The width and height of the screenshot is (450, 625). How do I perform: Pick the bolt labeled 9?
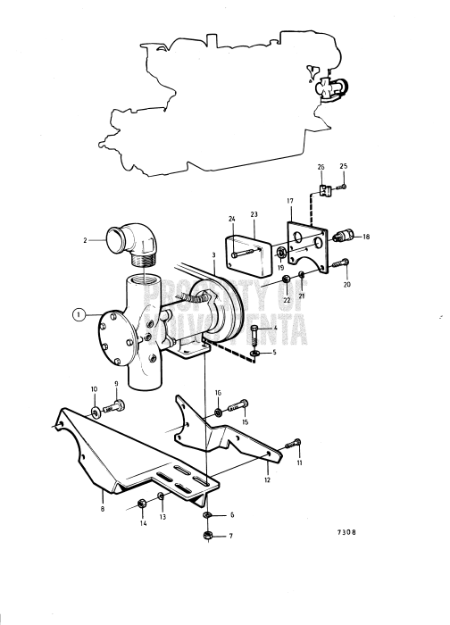(x=95, y=412)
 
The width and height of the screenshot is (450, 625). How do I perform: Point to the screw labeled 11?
(x=268, y=479)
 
